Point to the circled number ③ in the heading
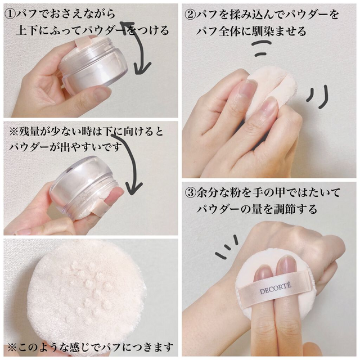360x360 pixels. [191, 192]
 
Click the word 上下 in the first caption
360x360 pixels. [27, 30]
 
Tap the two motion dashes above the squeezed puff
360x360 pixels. [262, 48]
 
